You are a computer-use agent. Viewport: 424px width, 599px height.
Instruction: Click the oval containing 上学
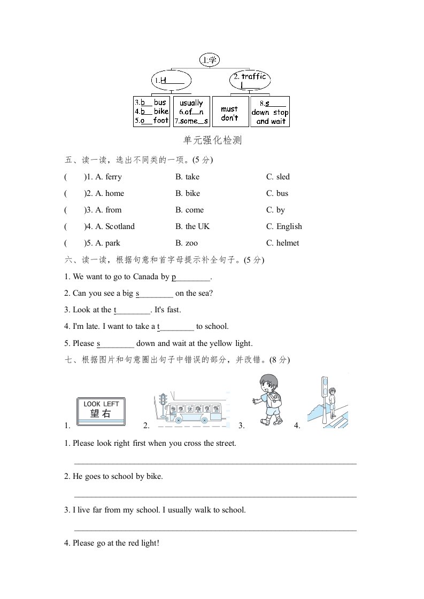point(210,60)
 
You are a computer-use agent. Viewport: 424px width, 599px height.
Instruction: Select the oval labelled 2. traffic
point(250,81)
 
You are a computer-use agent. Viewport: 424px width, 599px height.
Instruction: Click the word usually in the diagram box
point(191,103)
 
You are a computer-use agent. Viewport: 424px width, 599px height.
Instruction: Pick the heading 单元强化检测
point(212,140)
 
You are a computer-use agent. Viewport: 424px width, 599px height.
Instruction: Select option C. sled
point(278,177)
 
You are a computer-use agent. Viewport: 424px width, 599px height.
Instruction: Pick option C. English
point(284,226)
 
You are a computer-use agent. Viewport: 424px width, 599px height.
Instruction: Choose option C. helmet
point(283,243)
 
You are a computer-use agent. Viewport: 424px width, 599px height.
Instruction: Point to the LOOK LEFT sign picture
point(102,411)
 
